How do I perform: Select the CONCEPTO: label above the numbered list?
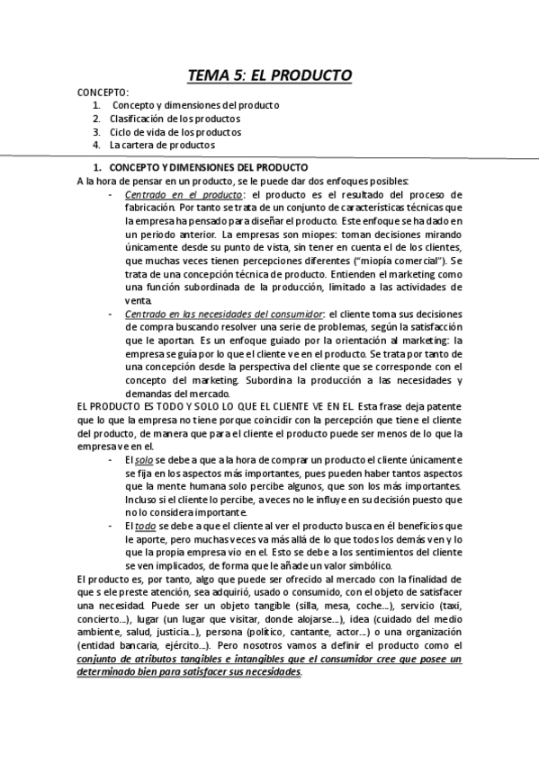click(x=103, y=93)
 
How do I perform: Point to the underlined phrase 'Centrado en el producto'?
click(x=184, y=195)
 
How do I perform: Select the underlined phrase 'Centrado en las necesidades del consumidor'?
click(x=224, y=313)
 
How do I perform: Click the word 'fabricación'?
click(x=149, y=208)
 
